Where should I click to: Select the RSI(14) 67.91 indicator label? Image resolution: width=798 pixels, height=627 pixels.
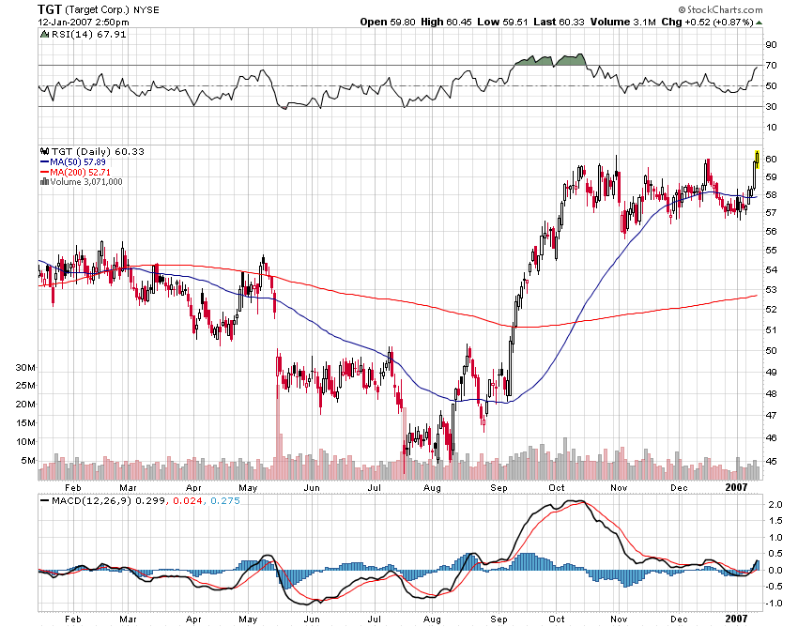pos(74,35)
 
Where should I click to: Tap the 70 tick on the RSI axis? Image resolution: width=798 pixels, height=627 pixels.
pos(770,66)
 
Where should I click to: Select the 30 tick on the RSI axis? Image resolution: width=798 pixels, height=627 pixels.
pos(770,106)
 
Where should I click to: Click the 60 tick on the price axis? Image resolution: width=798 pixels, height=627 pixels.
pos(770,159)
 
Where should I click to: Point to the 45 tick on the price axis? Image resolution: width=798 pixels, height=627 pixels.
pos(770,461)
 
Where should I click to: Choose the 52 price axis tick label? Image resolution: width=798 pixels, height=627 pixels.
pos(770,309)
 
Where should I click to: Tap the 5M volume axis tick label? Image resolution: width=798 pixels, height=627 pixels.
pos(28,461)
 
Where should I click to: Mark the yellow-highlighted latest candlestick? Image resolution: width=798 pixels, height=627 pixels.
pos(757,156)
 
